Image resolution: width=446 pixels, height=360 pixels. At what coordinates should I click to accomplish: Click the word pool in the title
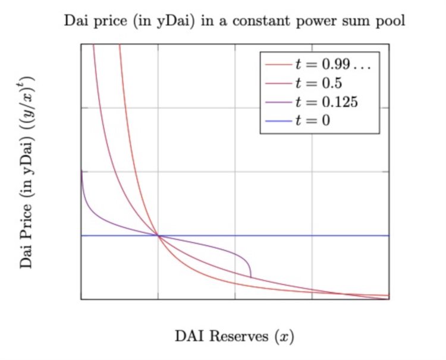coord(391,22)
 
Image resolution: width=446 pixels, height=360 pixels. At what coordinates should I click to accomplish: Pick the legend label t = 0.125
coord(326,102)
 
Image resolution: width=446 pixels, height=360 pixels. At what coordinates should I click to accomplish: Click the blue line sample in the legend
coord(278,121)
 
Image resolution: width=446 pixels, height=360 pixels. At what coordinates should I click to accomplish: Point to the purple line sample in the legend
coord(278,102)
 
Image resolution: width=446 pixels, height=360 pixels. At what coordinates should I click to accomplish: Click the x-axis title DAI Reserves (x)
coord(234,337)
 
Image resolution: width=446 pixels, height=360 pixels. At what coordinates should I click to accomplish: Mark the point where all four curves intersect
coord(158,236)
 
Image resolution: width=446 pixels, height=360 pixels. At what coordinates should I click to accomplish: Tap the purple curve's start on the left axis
coord(81,172)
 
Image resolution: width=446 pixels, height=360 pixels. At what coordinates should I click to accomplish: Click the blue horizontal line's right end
coord(388,236)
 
